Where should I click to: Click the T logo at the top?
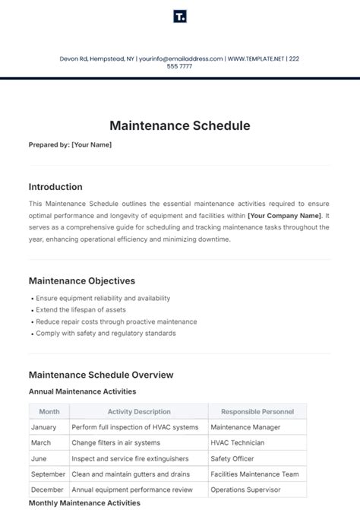click(180, 17)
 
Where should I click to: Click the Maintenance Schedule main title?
click(179, 125)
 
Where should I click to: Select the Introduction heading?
click(55, 187)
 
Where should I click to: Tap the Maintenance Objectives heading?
click(81, 280)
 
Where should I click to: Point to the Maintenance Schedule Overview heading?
click(101, 375)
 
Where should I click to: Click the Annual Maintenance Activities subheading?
click(82, 391)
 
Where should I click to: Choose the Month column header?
click(49, 412)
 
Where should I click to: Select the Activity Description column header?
click(138, 412)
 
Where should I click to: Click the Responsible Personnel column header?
click(257, 412)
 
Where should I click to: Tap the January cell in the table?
click(45, 427)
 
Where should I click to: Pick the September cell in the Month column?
click(49, 474)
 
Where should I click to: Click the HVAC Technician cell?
click(237, 442)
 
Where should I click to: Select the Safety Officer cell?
click(232, 458)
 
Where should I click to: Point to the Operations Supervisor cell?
click(245, 489)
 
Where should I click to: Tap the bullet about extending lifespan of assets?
click(81, 310)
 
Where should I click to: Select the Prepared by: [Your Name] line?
click(70, 144)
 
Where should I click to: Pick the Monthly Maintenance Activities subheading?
click(84, 503)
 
